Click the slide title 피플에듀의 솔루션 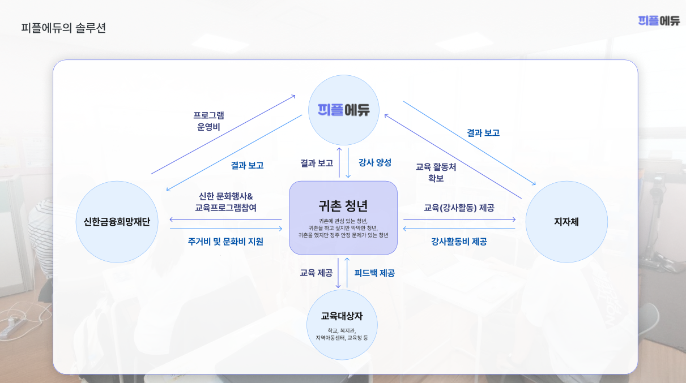tap(63, 28)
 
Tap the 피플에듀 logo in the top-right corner tap(659, 21)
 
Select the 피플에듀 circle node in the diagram tap(344, 110)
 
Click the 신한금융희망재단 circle tap(117, 222)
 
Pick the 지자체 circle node tap(566, 222)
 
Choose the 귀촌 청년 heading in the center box tap(343, 206)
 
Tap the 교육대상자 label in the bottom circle tap(342, 316)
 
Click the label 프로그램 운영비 tap(208, 121)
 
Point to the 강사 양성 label tap(375, 162)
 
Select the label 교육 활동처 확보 tap(436, 172)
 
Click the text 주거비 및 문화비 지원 tap(225, 242)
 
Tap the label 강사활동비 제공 tap(459, 242)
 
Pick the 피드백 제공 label tap(374, 273)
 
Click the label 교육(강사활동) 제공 tap(459, 208)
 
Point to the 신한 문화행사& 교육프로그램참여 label tap(225, 202)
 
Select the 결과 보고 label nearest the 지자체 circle tap(483, 133)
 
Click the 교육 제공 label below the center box tap(316, 273)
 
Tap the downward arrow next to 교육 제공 tap(338, 273)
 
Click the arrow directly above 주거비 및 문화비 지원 tap(226, 229)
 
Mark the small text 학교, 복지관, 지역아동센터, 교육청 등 tap(342, 334)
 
